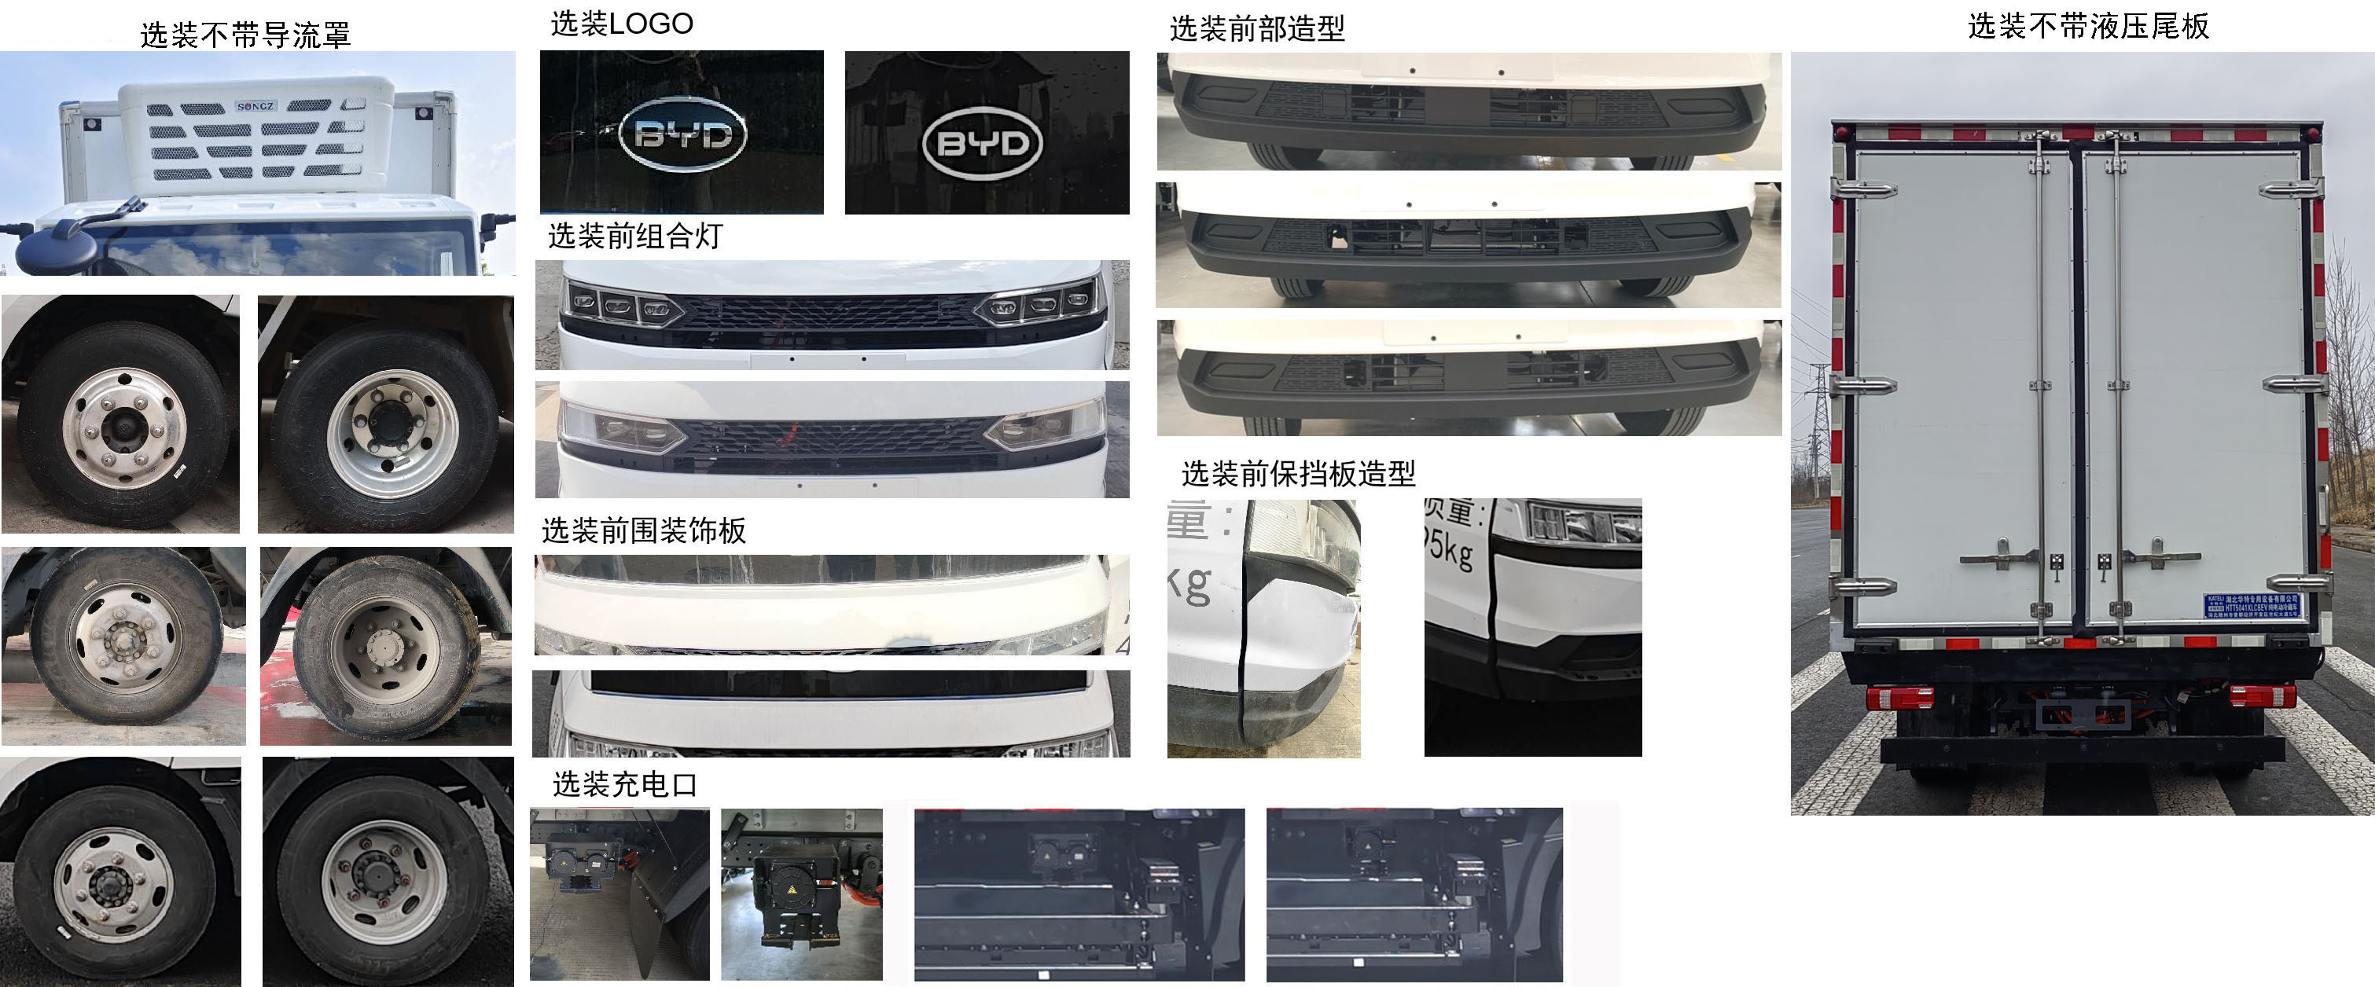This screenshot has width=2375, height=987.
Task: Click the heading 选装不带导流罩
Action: [x=245, y=35]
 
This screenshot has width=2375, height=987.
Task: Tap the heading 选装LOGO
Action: [x=621, y=24]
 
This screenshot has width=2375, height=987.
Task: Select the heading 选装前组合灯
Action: [x=635, y=237]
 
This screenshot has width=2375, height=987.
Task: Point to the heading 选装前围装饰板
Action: [x=644, y=530]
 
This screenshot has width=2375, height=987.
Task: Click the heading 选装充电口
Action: [x=624, y=785]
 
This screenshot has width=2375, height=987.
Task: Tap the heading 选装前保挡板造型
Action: [x=1298, y=474]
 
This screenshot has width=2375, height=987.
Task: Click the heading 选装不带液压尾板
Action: [x=2088, y=27]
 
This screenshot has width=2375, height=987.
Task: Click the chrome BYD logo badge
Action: [x=682, y=134]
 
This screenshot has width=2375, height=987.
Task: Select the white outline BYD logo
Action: [x=982, y=143]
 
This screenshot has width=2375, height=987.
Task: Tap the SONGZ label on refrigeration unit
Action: [x=256, y=106]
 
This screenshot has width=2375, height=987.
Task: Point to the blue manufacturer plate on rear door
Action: [x=2251, y=604]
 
